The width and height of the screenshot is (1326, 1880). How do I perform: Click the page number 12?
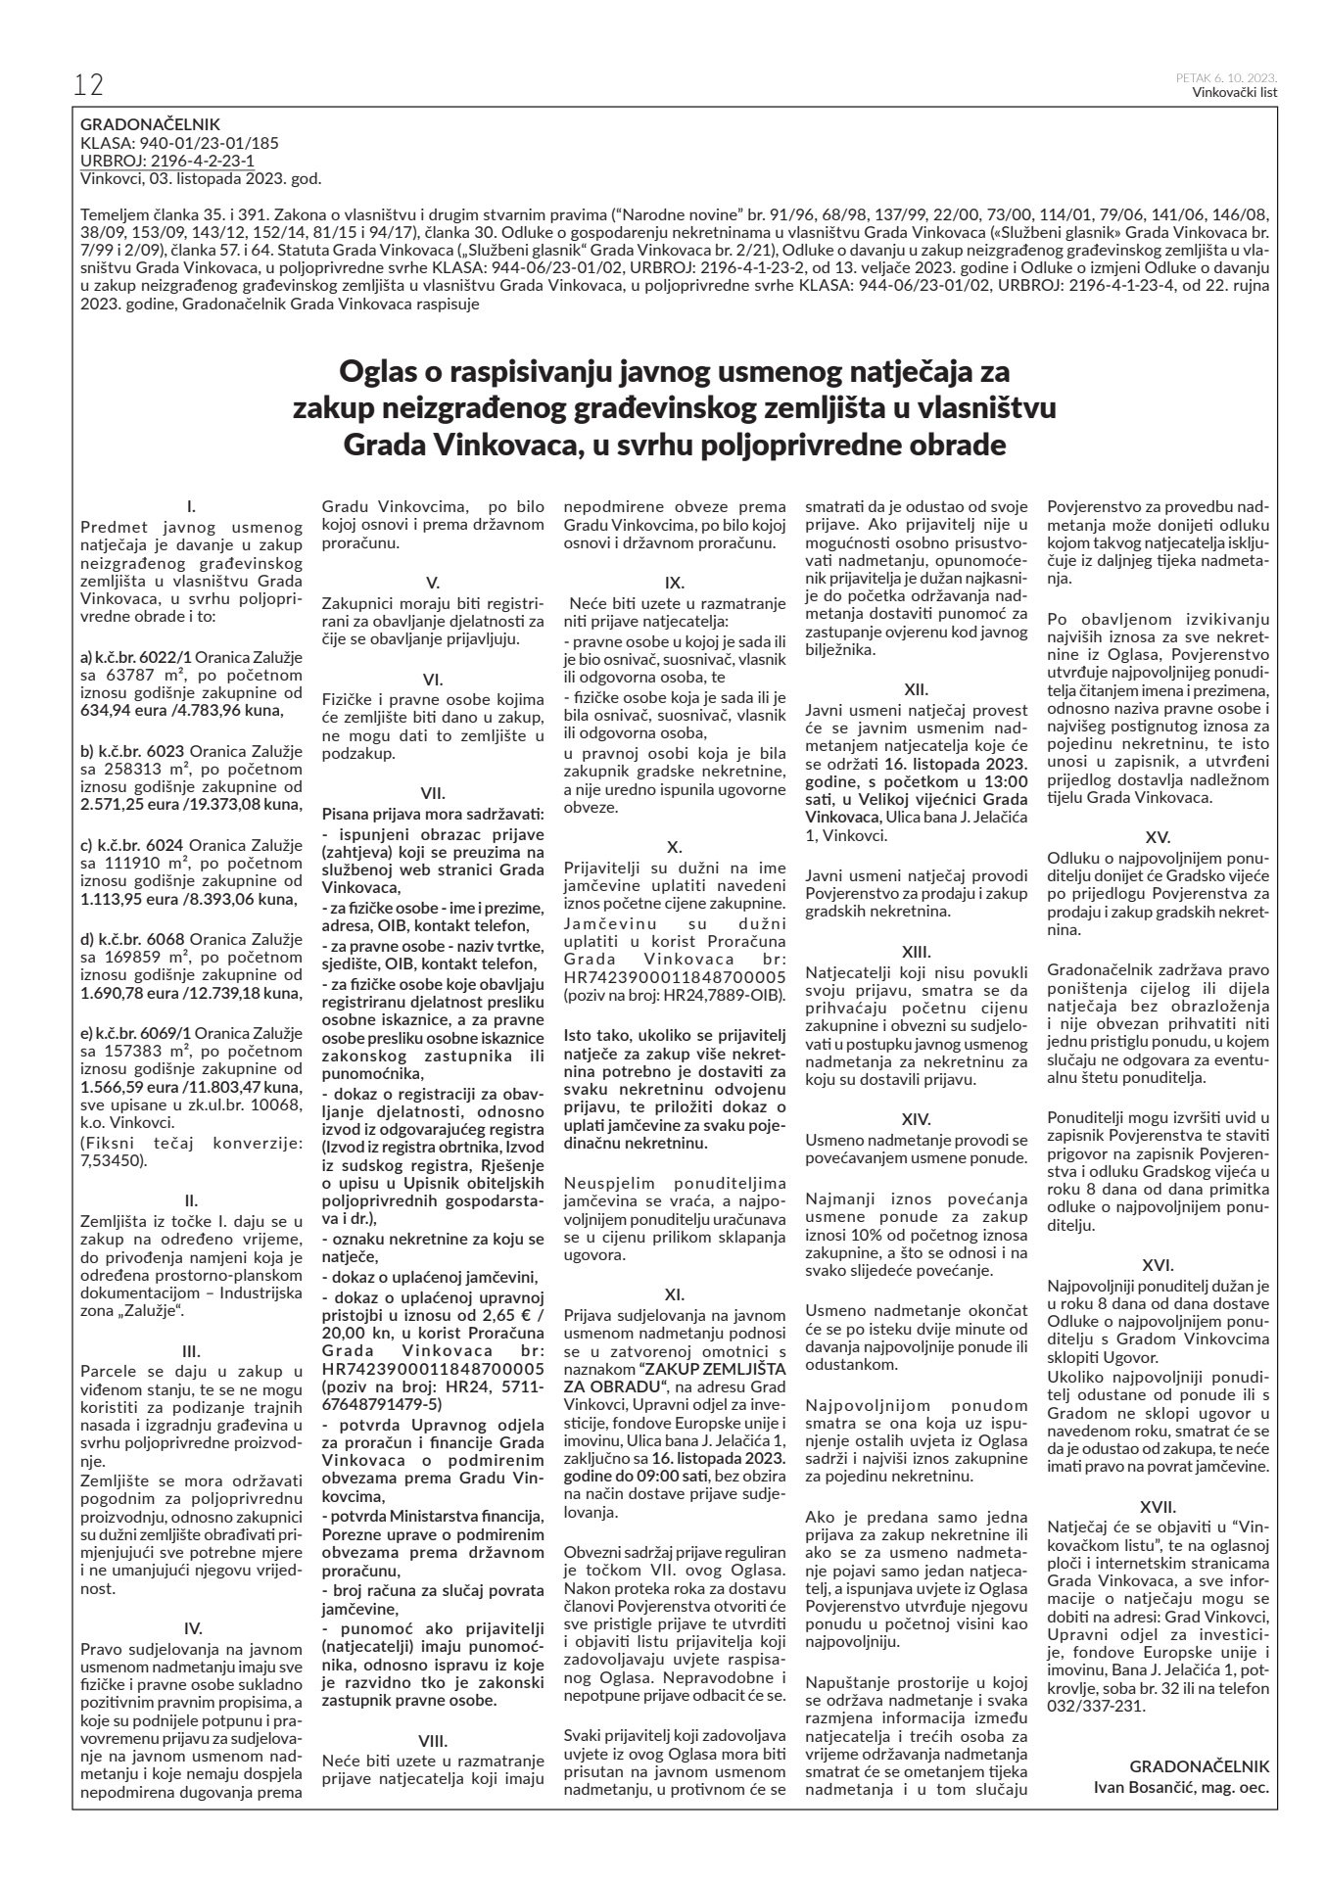tap(88, 85)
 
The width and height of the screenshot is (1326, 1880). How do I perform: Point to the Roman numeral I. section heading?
tap(191, 506)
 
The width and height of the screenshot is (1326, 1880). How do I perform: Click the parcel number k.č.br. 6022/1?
tap(135, 652)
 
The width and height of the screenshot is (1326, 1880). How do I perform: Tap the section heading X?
tap(674, 846)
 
